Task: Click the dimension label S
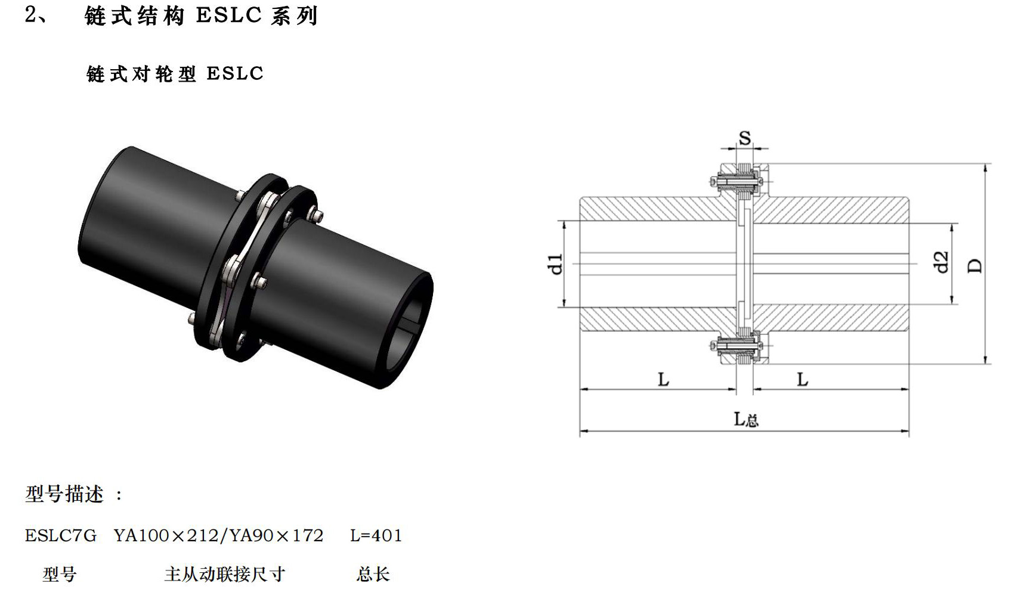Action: pos(745,138)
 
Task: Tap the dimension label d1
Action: pos(555,263)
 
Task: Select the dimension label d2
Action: pos(941,262)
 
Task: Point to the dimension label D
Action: pos(974,265)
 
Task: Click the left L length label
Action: pos(663,379)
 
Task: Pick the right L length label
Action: pos(803,379)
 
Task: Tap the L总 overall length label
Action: pos(745,420)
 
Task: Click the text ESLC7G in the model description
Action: pos(60,536)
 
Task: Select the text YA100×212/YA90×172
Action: pos(218,536)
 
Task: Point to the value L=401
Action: pos(376,536)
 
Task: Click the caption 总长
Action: pos(373,574)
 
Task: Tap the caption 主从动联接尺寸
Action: pos(225,574)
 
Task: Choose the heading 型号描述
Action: pos(64,494)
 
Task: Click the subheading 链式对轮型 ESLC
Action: pos(175,74)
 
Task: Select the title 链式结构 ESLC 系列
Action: pos(201,16)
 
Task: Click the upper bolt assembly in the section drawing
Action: pos(738,180)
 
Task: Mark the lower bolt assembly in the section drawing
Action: pos(738,345)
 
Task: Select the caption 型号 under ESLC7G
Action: pos(60,574)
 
